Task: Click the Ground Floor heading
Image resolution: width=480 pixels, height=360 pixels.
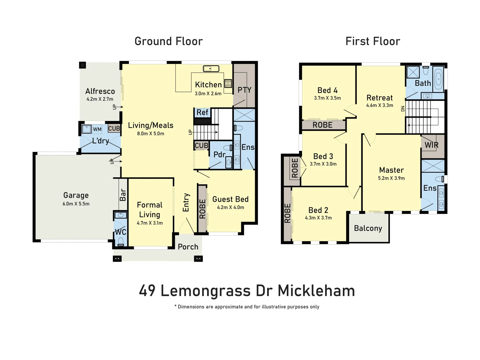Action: coord(169,41)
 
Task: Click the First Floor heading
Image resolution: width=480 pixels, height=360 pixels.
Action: coord(373,41)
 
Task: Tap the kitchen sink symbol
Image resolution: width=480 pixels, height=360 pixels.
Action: coord(211,69)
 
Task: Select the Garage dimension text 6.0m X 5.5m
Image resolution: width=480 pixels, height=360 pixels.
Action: coord(76,204)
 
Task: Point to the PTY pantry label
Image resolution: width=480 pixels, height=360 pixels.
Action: coord(244,90)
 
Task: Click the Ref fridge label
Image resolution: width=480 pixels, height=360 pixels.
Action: coord(202,113)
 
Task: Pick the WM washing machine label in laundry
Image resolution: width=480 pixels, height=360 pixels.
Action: coord(97,129)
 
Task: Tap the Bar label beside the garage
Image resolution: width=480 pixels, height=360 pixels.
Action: coord(123,195)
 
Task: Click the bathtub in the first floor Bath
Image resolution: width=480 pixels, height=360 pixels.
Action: coord(438,79)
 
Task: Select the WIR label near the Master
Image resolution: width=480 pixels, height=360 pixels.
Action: coord(431,145)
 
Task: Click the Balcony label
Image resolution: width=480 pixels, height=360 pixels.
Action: coord(368,228)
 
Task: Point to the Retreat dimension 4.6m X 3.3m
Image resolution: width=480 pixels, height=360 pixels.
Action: coord(379,105)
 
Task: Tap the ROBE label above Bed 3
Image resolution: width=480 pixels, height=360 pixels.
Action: coord(322,125)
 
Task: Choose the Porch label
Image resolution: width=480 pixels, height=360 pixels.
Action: coord(188,247)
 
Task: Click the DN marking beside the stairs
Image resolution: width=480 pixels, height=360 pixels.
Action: coord(403,109)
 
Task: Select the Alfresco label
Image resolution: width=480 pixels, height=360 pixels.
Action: coord(100,91)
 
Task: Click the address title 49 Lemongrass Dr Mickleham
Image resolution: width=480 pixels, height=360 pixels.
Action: coord(247,291)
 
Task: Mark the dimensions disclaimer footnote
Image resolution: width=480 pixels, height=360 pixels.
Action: coord(247,307)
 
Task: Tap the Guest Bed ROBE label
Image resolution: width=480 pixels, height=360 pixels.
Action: coord(202,209)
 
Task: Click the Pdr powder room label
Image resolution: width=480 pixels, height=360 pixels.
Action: coord(219,154)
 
